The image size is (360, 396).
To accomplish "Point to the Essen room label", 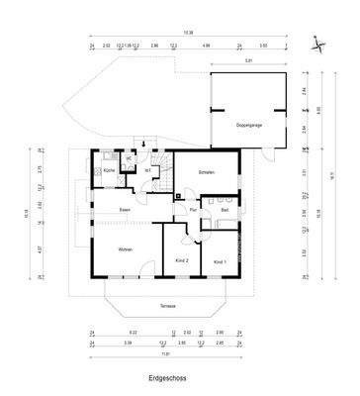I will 125,210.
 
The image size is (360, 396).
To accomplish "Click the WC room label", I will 129,157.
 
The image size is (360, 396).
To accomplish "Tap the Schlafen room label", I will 207,172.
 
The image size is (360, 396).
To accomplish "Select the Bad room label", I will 225,210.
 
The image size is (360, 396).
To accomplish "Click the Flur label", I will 194,210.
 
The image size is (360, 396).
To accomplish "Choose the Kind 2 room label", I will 181,260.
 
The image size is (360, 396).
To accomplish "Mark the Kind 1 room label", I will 220,260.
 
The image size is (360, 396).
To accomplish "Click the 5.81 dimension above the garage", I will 248,61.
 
